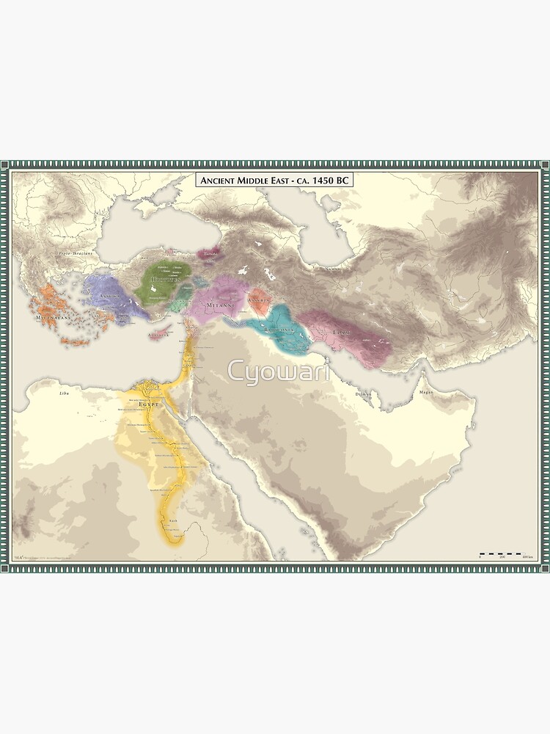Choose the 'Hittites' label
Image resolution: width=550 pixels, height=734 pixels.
click(x=164, y=280)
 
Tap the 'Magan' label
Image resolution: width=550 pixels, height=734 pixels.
click(x=425, y=393)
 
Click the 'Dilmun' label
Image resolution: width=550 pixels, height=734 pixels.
click(x=364, y=395)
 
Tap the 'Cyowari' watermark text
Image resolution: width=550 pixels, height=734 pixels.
click(x=279, y=371)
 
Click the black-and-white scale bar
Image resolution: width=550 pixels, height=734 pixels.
click(x=502, y=553)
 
